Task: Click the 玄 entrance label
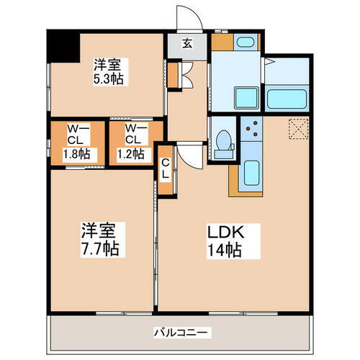(x=186, y=44)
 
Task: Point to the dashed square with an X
(x=297, y=129)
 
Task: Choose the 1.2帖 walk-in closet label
(x=131, y=153)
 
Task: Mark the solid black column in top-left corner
(x=61, y=48)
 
